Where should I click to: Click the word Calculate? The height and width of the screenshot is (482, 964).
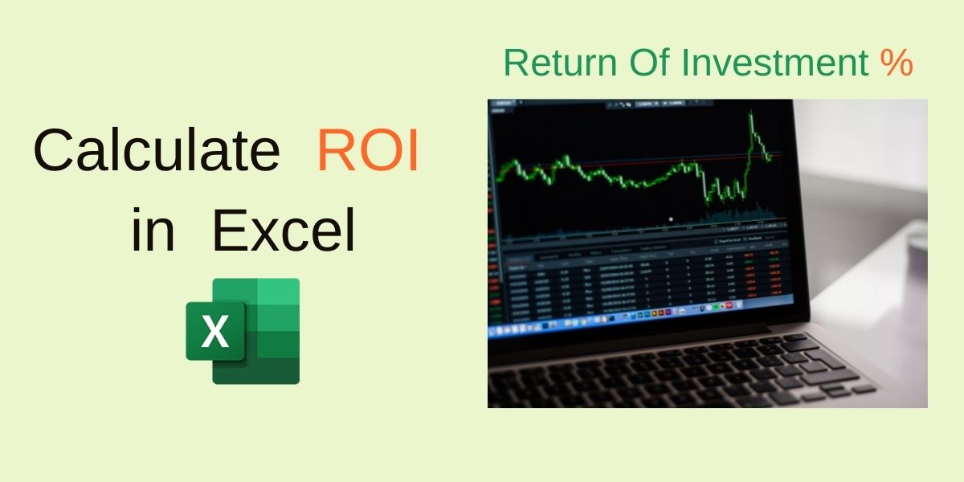click(156, 152)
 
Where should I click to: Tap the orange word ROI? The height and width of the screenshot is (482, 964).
click(368, 152)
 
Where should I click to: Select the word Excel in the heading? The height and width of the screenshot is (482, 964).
click(284, 231)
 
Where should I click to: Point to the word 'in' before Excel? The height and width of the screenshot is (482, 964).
click(153, 231)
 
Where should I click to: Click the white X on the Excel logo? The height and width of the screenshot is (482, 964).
click(214, 331)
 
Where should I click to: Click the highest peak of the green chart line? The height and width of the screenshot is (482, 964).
click(751, 116)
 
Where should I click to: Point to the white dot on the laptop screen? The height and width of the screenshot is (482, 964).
click(671, 219)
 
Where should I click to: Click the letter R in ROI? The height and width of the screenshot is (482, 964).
click(334, 152)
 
